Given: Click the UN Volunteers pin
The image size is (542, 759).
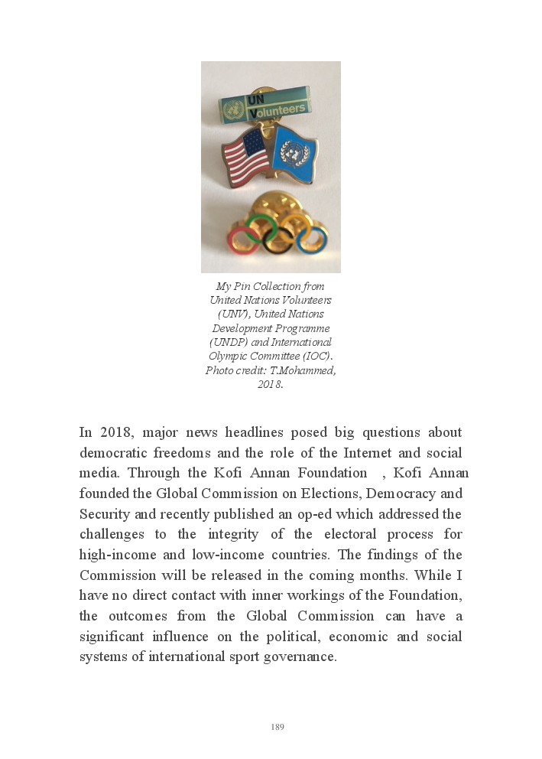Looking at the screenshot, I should tap(265, 106).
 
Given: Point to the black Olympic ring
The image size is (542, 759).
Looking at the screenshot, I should tap(277, 240).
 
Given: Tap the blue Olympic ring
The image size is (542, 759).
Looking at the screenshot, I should tap(313, 239).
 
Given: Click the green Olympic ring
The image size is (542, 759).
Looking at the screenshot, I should tap(261, 226).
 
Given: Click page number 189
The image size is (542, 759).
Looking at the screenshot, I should tap(277, 727).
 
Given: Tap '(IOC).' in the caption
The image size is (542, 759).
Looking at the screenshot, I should tap(318, 356).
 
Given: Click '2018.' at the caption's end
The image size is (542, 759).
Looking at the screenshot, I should tap(271, 384).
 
